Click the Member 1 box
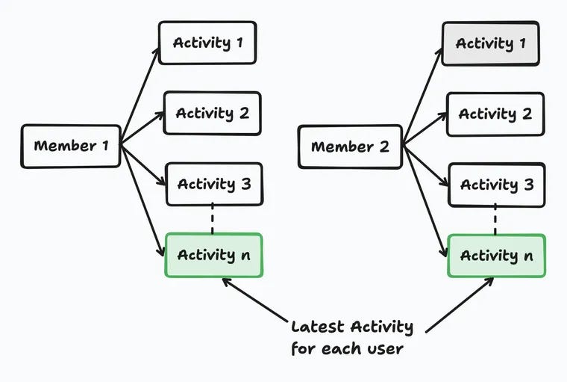pos(71,146)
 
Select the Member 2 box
pos(350,147)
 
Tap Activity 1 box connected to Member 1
pos(207,43)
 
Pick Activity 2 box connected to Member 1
pos(212,114)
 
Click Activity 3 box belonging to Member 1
pos(213,184)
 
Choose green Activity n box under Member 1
pos(213,255)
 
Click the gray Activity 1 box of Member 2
pos(490,43)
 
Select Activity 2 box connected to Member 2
pos(495,114)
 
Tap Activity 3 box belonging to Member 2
pos(496,185)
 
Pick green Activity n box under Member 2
pos(496,256)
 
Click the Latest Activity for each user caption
pos(351,337)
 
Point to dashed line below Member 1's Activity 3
pos(213,219)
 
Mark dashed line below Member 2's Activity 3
pos(495,220)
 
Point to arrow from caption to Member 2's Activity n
pos(460,305)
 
